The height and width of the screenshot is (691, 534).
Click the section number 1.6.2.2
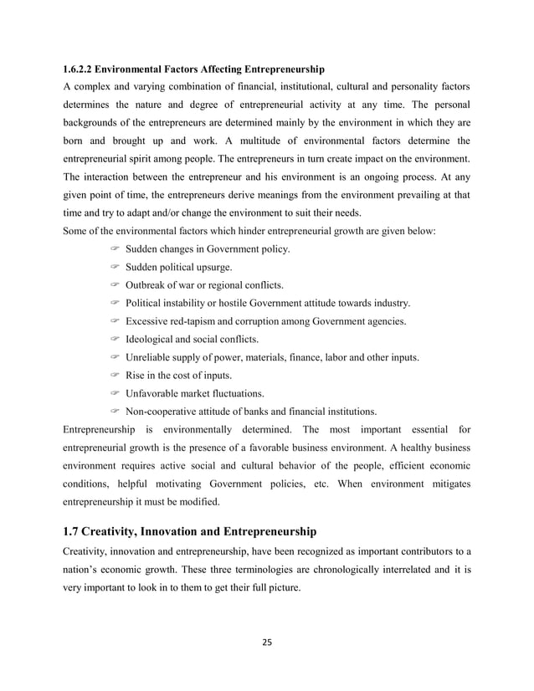(80, 67)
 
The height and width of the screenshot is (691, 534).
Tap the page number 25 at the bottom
(267, 642)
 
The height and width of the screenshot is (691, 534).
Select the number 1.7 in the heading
(74, 530)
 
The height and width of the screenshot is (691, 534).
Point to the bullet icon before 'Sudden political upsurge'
(115, 267)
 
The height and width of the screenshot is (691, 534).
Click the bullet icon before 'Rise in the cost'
(115, 375)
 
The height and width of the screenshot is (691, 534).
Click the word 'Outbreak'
(149, 285)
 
